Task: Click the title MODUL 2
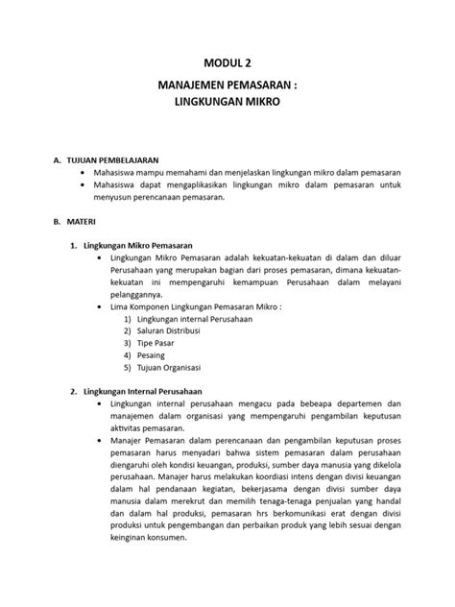click(x=228, y=63)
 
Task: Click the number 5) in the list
click(x=128, y=370)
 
